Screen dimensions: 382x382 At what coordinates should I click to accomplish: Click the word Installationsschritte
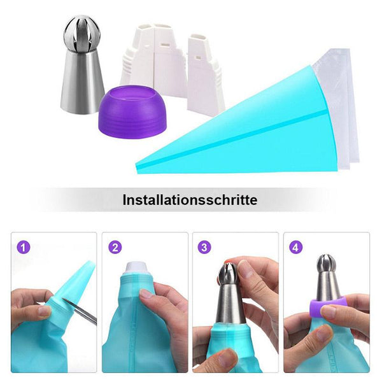[190, 200]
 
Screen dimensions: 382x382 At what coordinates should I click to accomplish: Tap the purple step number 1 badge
[24, 248]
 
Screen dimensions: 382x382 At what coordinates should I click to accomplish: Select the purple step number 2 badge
[115, 248]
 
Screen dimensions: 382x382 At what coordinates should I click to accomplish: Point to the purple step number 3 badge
[204, 247]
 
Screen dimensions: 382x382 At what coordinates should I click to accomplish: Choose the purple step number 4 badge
[295, 248]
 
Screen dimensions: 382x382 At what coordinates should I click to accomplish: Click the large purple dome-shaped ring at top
[133, 110]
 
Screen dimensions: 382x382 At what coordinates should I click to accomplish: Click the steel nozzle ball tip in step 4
[327, 264]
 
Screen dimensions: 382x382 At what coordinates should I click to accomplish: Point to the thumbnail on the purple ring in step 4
[330, 311]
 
